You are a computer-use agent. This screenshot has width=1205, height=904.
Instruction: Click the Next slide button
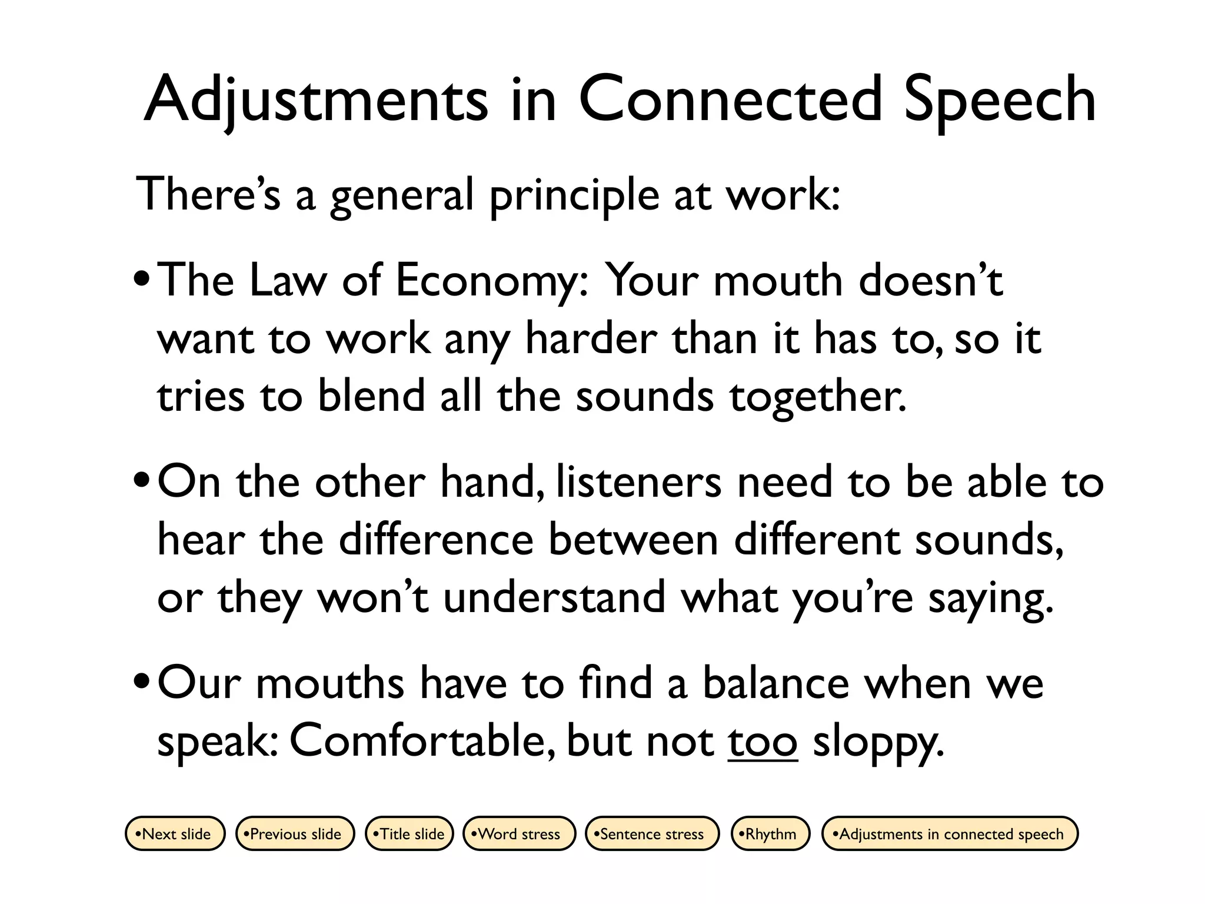pyautogui.click(x=175, y=833)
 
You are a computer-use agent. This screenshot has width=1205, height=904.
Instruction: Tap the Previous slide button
pyautogui.click(x=295, y=833)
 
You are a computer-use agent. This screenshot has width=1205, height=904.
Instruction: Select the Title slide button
pyautogui.click(x=410, y=833)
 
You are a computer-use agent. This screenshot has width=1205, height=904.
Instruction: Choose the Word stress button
pyautogui.click(x=519, y=833)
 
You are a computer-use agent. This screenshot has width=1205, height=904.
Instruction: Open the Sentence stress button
pyautogui.click(x=652, y=833)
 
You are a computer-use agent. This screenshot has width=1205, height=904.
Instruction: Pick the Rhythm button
pyautogui.click(x=770, y=833)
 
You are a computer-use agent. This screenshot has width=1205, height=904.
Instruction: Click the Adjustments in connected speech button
pyautogui.click(x=950, y=833)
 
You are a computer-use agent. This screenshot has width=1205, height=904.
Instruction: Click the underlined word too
pyautogui.click(x=763, y=742)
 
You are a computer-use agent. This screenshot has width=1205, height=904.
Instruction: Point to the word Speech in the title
pyautogui.click(x=999, y=100)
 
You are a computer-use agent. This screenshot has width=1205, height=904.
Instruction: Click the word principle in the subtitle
pyautogui.click(x=574, y=197)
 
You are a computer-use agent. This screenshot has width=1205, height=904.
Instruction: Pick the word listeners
pyautogui.click(x=638, y=481)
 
